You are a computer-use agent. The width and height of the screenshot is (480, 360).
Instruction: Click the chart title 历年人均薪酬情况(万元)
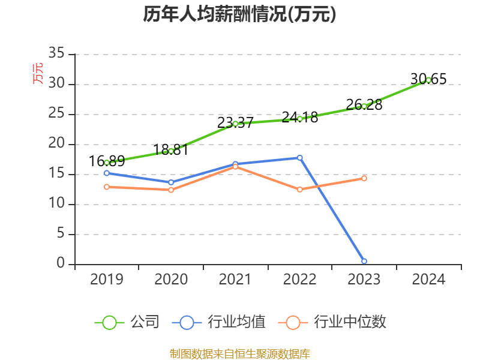(x=240, y=14)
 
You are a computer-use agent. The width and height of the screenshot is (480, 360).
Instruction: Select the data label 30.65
(x=428, y=79)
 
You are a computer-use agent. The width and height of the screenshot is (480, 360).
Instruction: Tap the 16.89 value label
(x=107, y=161)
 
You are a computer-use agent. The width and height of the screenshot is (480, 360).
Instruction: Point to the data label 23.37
(x=235, y=122)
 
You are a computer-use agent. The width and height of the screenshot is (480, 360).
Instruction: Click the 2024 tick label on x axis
(x=428, y=279)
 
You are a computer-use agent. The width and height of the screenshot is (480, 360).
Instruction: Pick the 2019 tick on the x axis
(x=107, y=279)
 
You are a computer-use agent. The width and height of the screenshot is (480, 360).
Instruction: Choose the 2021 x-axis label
(x=235, y=279)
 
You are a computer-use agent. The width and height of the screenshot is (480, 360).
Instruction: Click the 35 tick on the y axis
(x=56, y=54)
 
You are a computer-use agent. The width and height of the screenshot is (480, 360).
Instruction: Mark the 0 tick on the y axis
(x=61, y=264)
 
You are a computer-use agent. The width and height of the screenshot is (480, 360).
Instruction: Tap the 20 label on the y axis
(x=56, y=144)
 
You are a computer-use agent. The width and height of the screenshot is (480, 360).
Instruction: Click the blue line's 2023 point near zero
(x=364, y=261)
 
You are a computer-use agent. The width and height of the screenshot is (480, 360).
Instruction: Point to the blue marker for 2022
(x=300, y=158)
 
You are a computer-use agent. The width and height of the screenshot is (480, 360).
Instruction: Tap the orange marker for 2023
(x=364, y=178)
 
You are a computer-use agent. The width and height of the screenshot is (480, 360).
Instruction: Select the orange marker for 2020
(x=171, y=190)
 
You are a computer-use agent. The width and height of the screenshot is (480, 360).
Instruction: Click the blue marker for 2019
(x=107, y=173)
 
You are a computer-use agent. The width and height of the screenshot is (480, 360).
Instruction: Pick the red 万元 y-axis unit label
(x=37, y=74)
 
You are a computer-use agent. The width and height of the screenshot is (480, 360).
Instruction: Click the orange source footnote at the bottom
(x=240, y=353)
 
